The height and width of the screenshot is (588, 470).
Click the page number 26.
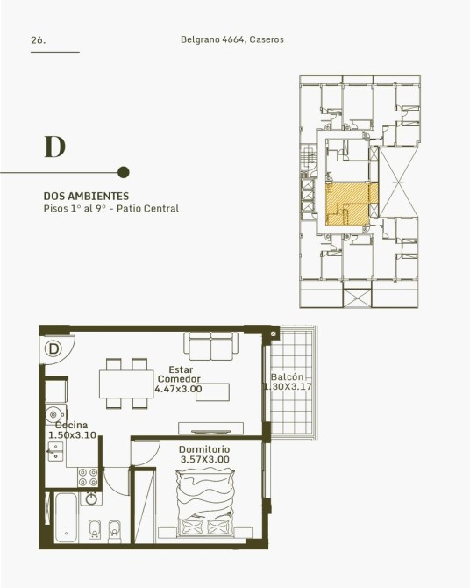pos(39,40)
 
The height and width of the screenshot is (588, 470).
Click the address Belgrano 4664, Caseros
pos(232,39)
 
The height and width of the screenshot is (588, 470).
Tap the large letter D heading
pos(55,147)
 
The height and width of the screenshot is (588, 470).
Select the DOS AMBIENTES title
pos(86,196)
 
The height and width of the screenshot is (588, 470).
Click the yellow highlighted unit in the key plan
pos(352,204)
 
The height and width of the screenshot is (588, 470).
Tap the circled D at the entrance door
pos(53,348)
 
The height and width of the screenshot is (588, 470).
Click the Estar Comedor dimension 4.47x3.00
pos(178,389)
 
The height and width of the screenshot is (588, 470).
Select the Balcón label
pos(287,376)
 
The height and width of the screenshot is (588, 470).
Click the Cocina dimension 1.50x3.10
pos(72,435)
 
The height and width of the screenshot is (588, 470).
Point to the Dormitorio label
pos(204,449)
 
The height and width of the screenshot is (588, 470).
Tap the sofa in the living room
pos(211,346)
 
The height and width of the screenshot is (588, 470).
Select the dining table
pos(126,384)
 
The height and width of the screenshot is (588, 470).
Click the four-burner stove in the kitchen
pos(88,477)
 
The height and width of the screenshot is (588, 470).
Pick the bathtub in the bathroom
pos(66,518)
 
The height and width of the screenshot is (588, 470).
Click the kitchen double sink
pos(55,451)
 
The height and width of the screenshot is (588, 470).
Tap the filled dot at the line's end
pos(124,173)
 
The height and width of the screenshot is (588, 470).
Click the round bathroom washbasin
pos(91,498)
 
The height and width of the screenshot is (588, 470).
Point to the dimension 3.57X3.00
pos(205,459)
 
